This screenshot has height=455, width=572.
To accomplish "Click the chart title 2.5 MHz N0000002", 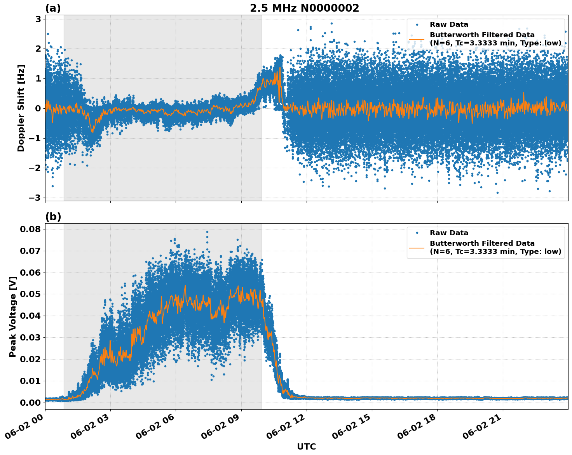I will point(304,8).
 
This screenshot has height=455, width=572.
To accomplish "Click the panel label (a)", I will point(53,8).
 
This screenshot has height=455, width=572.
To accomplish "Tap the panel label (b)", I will point(53,217).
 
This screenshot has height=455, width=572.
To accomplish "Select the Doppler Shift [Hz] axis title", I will point(21,108).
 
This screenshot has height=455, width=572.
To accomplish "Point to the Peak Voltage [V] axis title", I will point(13,316).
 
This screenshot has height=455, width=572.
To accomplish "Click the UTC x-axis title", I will point(306,446).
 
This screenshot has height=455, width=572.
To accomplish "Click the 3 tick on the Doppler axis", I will point(38,19).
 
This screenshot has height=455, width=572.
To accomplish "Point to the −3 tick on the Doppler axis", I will point(35,198).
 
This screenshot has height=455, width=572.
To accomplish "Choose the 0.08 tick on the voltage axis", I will point(30,229).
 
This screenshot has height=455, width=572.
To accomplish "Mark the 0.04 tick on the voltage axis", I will point(30,316).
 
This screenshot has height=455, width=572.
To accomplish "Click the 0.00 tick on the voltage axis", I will point(30,403).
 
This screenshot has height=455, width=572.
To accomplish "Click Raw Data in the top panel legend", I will point(449,24).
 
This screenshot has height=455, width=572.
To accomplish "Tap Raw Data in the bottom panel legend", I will point(449,233).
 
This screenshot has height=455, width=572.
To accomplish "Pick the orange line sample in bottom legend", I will point(417,247).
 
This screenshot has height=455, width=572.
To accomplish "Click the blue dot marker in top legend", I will point(417,24).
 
